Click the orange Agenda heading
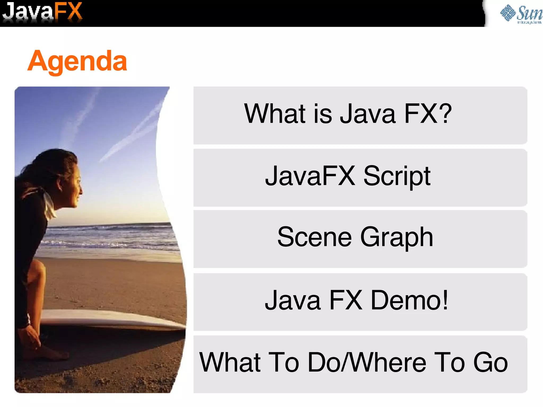[x=77, y=62]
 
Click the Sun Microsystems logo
[x=521, y=14]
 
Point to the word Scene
[x=314, y=237]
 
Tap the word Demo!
[x=409, y=300]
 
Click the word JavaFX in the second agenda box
[x=310, y=176]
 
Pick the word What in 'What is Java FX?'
[x=275, y=114]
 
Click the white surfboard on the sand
[x=111, y=319]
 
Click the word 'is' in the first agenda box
[x=322, y=114]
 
